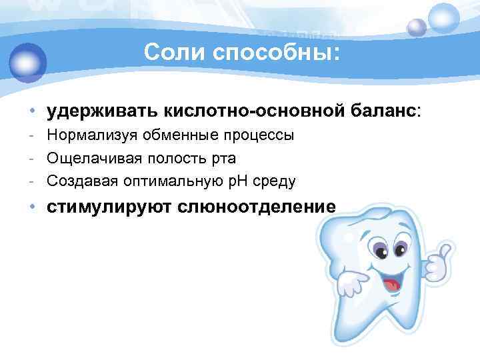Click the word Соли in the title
point(168,51)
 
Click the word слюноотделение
point(257,207)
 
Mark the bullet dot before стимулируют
point(31,207)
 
